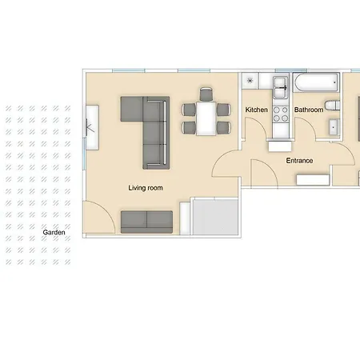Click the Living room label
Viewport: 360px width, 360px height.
pyautogui.click(x=146, y=188)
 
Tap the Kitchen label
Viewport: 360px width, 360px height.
pyautogui.click(x=256, y=110)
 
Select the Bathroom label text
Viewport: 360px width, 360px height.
pyautogui.click(x=309, y=110)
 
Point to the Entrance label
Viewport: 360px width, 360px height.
pyautogui.click(x=299, y=161)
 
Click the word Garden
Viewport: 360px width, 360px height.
pyautogui.click(x=54, y=232)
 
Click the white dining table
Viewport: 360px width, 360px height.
pyautogui.click(x=206, y=118)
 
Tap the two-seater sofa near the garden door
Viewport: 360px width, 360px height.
pyautogui.click(x=146, y=222)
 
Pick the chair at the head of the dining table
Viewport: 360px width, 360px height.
pyautogui.click(x=206, y=94)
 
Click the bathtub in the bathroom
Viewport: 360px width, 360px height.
pyautogui.click(x=316, y=82)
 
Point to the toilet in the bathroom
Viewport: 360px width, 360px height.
pyautogui.click(x=332, y=106)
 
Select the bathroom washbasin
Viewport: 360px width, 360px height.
pyautogui.click(x=334, y=127)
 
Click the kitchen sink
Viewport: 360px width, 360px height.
pyautogui.click(x=281, y=87)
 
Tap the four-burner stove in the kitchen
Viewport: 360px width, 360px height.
pyautogui.click(x=281, y=114)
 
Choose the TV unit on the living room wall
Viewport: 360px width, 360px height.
pyautogui.click(x=92, y=127)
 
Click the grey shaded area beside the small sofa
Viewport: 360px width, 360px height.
pyautogui.click(x=215, y=218)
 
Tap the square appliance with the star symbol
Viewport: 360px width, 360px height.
pyautogui.click(x=250, y=81)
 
